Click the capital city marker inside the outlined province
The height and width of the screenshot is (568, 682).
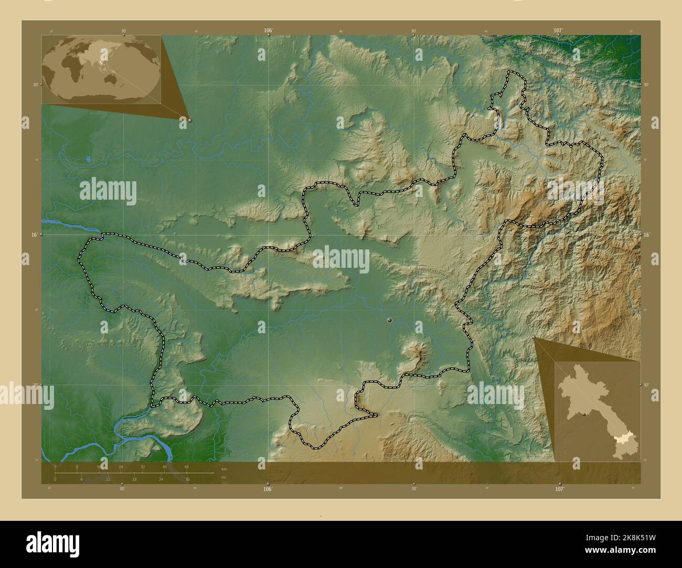pos(389,320)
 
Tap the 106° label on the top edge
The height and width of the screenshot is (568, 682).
pos(268,31)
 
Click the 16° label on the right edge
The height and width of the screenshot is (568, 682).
pos(646,235)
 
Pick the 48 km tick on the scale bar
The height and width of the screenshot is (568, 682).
pos(187,467)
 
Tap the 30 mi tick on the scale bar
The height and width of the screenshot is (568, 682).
pos(187,479)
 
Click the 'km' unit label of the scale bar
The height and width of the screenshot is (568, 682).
pos(224,469)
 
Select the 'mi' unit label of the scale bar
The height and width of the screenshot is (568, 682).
pos(224,477)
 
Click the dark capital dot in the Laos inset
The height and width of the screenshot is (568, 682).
pos(583,414)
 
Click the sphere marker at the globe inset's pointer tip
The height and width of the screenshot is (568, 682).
pos(189,120)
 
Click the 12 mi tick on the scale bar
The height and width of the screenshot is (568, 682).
pos(108,479)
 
